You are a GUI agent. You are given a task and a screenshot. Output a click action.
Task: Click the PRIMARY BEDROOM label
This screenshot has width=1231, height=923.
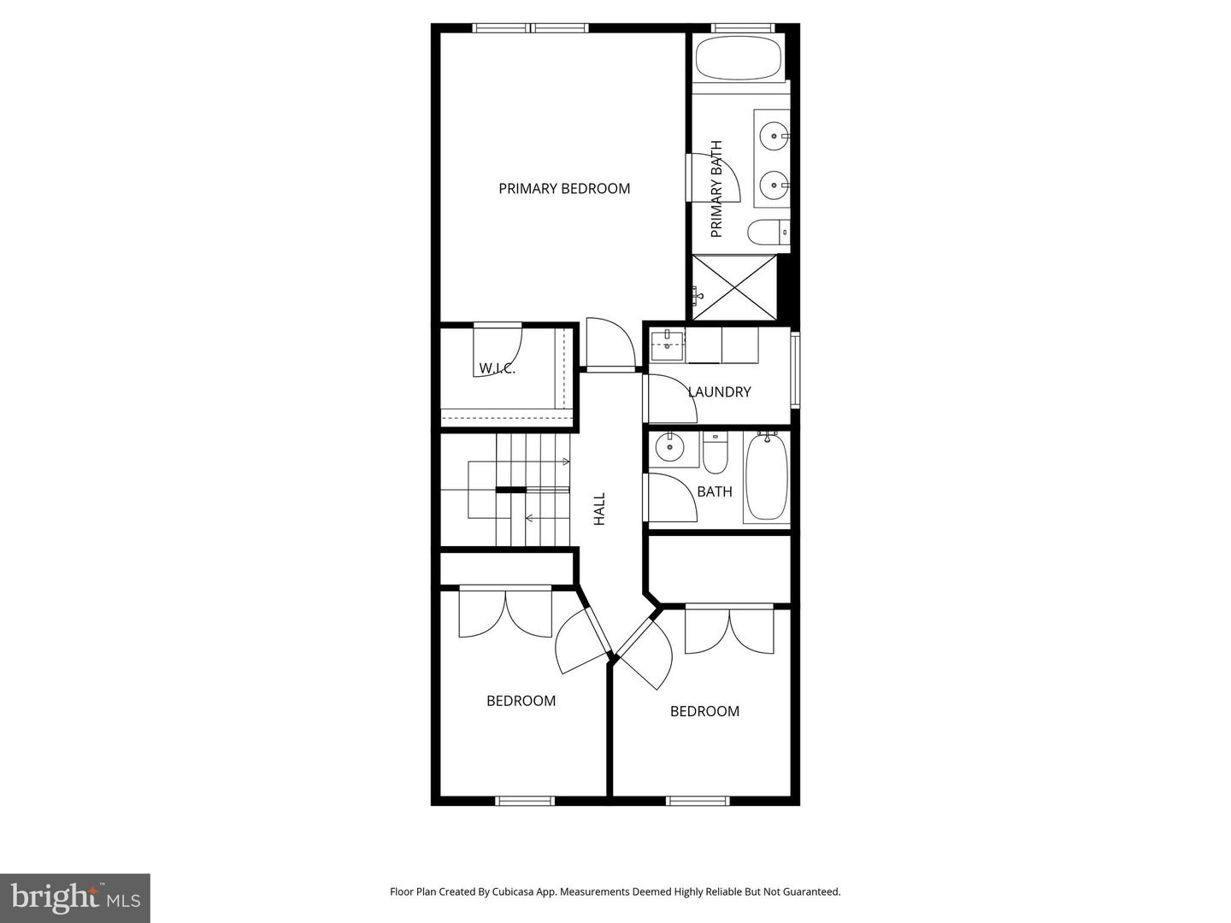pos(564,189)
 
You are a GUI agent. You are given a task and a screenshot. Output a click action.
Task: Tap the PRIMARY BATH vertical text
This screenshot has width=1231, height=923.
pos(716,189)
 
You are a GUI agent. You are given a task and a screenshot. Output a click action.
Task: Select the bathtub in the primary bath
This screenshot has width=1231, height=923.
pos(739,57)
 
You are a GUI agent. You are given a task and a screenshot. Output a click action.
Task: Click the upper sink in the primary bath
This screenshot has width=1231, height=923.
pos(775,135)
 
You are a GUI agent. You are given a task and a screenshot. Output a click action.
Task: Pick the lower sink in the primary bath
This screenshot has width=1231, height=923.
pos(775,184)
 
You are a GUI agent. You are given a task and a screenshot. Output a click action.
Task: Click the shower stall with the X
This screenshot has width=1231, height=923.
pos(735,287)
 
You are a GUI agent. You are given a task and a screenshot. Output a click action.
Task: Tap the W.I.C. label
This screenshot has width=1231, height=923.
pos(497,368)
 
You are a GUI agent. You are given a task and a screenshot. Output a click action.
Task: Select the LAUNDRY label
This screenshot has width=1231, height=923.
pos(720,392)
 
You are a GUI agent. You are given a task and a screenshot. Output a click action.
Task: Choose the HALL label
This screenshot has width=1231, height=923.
pos(599,509)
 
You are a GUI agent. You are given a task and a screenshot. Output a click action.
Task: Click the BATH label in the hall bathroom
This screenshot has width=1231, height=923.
pos(715,491)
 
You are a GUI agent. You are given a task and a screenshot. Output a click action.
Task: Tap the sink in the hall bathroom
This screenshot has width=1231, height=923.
pos(669,447)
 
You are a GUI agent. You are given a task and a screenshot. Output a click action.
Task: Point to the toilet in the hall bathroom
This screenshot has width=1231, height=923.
pos(715,454)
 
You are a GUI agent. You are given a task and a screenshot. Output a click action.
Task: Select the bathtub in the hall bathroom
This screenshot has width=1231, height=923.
pos(766,478)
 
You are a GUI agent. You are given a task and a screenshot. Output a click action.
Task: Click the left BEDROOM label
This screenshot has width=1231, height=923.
pos(521,701)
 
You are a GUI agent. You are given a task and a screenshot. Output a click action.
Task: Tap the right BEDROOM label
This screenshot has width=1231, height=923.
pos(704,711)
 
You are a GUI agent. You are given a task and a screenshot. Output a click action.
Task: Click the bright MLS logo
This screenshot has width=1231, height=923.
pos(75,897)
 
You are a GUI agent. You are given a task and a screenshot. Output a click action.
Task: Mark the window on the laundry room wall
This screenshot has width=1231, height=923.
pos(796,369)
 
